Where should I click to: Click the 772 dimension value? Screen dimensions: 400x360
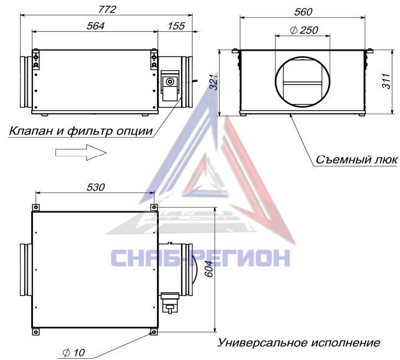tap(107, 9)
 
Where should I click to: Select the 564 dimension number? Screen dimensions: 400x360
tap(96, 26)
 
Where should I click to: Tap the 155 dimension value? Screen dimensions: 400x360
tap(176, 26)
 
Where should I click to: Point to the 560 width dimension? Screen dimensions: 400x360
tap(303, 12)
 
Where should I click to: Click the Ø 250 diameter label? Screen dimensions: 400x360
tap(304, 30)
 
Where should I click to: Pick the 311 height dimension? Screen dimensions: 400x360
tap(386, 81)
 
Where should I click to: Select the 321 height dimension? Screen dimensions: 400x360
tap(214, 82)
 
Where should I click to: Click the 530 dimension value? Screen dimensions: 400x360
tap(96, 187)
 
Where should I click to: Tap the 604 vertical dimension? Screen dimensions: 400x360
tap(209, 269)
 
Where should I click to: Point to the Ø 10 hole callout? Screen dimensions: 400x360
tap(74, 352)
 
